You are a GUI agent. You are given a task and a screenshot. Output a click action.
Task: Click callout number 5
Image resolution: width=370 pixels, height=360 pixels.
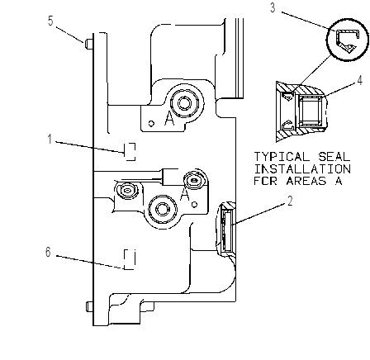50,21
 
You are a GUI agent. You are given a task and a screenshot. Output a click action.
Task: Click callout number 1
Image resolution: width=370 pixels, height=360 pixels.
50,139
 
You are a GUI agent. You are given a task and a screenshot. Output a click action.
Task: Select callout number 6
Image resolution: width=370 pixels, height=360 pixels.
48,252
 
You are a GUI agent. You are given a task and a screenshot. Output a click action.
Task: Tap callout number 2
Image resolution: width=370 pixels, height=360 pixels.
290,201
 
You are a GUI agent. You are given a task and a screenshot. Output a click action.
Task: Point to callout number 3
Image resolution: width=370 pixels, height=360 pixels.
273,7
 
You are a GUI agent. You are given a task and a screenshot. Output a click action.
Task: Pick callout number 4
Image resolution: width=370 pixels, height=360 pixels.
360,80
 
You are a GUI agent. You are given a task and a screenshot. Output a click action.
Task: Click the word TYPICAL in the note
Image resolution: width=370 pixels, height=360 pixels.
282,157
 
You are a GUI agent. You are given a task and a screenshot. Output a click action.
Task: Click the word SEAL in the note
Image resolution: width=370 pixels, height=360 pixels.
334,157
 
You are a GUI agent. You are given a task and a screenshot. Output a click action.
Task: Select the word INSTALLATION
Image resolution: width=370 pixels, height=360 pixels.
302,168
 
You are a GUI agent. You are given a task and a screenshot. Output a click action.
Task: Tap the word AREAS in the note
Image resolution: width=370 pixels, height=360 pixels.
306,181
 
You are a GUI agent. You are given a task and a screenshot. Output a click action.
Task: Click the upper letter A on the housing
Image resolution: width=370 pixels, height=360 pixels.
169,120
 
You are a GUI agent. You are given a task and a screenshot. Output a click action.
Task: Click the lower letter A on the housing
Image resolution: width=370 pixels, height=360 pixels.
185,195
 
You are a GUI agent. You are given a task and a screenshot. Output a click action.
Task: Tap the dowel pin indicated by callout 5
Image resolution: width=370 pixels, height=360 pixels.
89,44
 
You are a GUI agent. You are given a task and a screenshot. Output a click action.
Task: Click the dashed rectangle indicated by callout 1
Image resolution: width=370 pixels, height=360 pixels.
130,152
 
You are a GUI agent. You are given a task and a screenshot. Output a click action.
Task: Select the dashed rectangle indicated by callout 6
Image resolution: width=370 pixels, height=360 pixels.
130,259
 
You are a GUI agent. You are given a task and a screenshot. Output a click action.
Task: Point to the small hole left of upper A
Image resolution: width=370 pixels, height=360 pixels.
151,123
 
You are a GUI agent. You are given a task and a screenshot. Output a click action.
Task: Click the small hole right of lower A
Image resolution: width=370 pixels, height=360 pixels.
194,205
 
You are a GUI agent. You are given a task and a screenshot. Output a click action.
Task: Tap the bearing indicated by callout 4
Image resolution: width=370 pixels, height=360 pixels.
311,111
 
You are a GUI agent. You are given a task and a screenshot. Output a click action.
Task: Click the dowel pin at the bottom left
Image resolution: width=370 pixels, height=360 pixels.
89,306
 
